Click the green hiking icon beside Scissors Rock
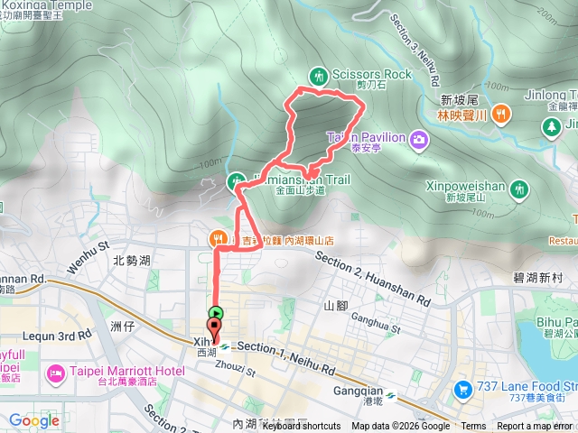pos(318,75)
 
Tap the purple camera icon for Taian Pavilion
pos(419,138)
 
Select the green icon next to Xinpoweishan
pos(518,189)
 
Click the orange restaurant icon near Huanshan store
pos(218,239)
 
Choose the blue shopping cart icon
pos(463,390)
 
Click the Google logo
pos(34,420)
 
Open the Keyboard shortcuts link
pos(303,427)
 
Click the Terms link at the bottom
pos(473,427)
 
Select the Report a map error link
pos(535,427)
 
